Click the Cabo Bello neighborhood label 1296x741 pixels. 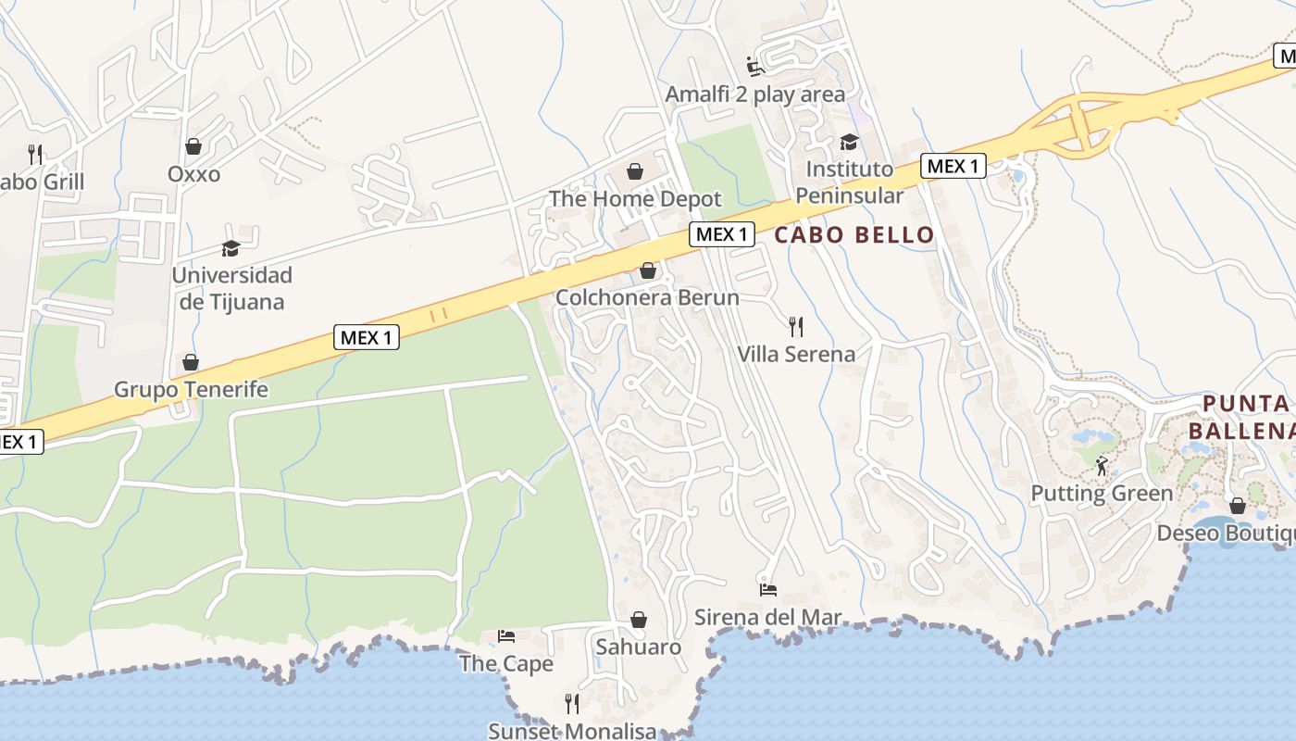[854, 235]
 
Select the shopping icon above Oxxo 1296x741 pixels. [193, 146]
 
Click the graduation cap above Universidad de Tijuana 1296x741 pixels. [231, 248]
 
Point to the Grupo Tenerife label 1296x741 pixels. [191, 389]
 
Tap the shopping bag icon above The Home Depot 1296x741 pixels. [635, 171]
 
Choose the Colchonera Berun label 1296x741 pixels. [647, 297]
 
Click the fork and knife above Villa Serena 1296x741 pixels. [794, 326]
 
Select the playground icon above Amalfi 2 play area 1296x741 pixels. [755, 67]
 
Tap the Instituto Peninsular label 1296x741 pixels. [849, 182]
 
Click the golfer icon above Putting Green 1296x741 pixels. [1102, 466]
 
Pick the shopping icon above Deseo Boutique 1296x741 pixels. [1237, 506]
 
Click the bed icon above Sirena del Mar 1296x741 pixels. [768, 589]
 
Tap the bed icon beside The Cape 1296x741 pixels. [506, 635]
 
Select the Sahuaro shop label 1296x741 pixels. [638, 647]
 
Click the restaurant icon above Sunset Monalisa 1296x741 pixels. [572, 704]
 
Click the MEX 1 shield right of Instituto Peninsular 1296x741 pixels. [953, 167]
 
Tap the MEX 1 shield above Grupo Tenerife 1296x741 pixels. [367, 338]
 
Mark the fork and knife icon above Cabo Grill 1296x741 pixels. [35, 154]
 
